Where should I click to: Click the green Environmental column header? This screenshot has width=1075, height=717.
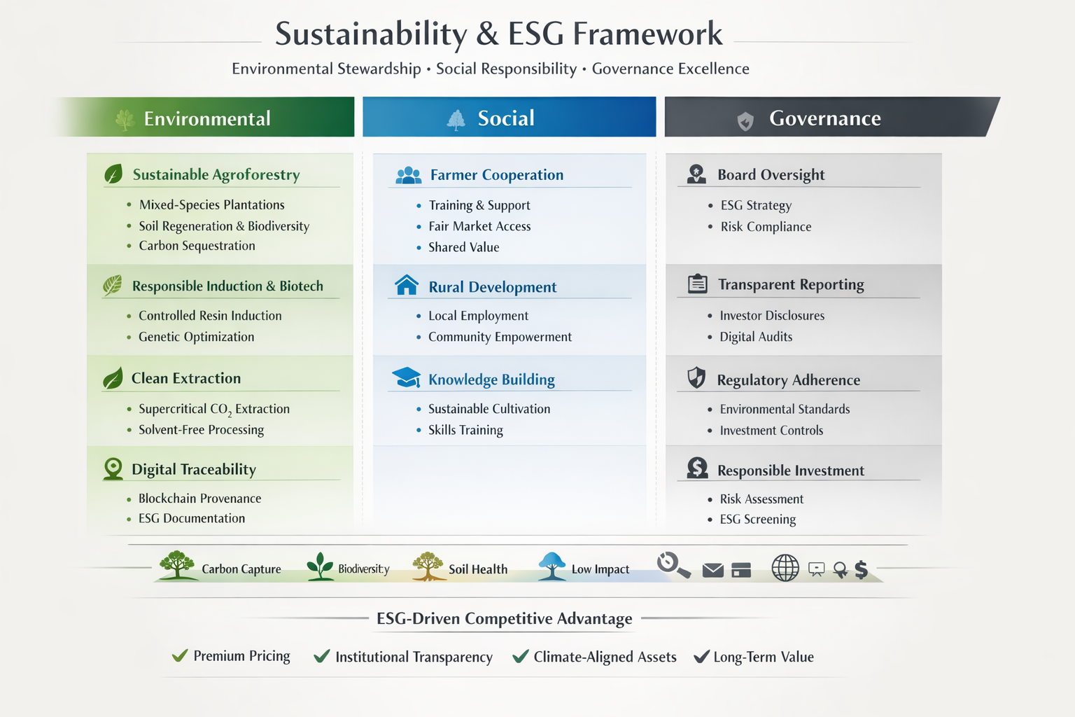pos(206,117)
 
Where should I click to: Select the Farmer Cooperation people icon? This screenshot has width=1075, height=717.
pos(409,175)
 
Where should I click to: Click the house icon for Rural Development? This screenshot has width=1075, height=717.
pos(407,285)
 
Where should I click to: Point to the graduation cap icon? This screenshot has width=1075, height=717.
pos(407,377)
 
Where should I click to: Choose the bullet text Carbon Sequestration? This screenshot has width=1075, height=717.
pos(197,246)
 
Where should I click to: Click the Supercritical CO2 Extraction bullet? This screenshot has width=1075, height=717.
pos(214,409)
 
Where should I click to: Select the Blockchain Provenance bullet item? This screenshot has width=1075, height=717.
pos(199,499)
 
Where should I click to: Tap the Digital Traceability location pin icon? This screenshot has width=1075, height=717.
pos(113,468)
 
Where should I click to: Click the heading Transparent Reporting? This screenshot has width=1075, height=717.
pos(791,284)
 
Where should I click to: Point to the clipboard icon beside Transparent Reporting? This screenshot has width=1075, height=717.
pos(697,284)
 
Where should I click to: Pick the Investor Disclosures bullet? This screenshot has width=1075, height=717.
pos(772,316)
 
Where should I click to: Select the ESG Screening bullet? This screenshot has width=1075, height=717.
pos(758,519)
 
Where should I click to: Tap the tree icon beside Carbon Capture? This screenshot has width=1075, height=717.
pos(177,565)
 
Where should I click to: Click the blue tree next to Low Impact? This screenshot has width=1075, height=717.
pos(552,566)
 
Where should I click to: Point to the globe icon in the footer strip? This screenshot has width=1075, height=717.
pos(785,568)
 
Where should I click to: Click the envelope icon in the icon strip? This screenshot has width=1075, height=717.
pos(712,570)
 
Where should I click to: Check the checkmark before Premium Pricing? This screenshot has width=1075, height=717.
pos(180,655)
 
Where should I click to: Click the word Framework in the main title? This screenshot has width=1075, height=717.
pos(647,34)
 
